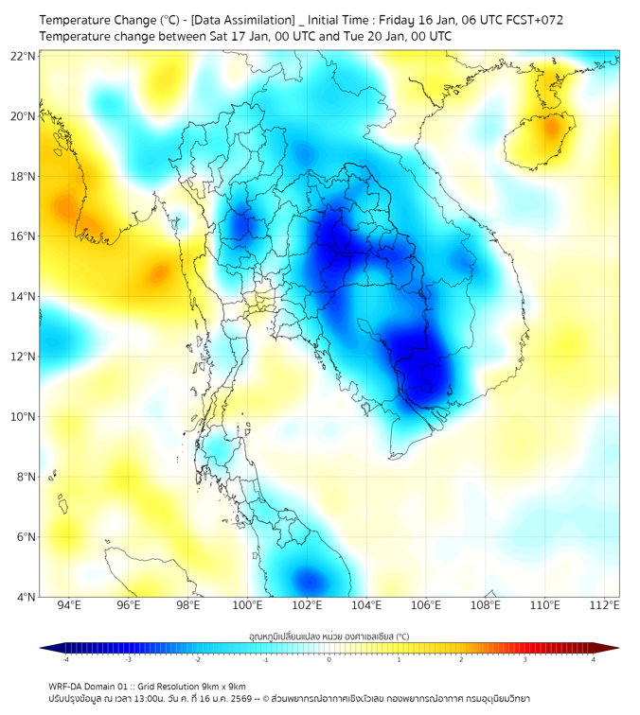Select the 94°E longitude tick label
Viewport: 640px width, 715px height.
(69, 606)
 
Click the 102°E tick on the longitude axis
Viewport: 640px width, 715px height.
(307, 606)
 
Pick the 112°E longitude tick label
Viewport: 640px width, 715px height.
(604, 606)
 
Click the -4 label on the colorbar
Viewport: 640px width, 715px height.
(64, 659)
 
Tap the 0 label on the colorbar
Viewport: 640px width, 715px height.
(329, 659)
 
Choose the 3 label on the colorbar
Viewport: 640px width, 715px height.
(526, 659)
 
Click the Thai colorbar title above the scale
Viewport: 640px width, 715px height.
(329, 636)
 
